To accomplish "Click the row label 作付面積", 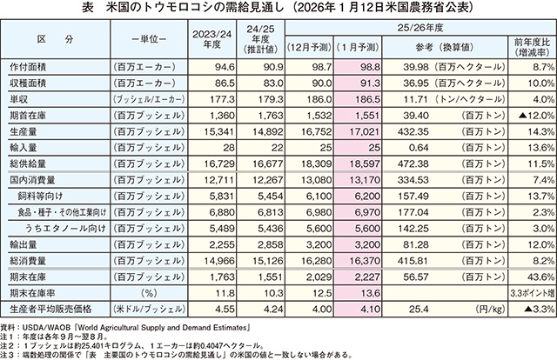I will pos(34,66).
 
